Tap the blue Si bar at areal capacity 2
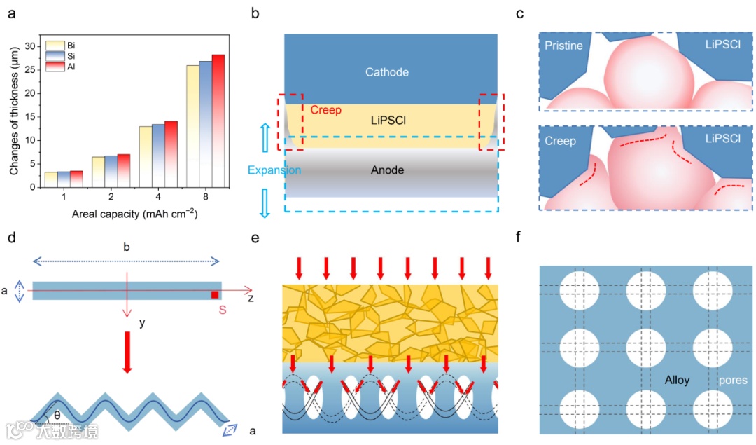pyautogui.click(x=111, y=171)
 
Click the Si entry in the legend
pyautogui.click(x=62, y=55)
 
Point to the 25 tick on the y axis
pyautogui.click(x=29, y=69)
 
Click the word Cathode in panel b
pyautogui.click(x=387, y=72)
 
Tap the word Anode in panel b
pyautogui.click(x=387, y=170)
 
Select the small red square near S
pyautogui.click(x=215, y=294)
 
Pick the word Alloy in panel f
pyautogui.click(x=678, y=380)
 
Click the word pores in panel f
pyautogui.click(x=733, y=381)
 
